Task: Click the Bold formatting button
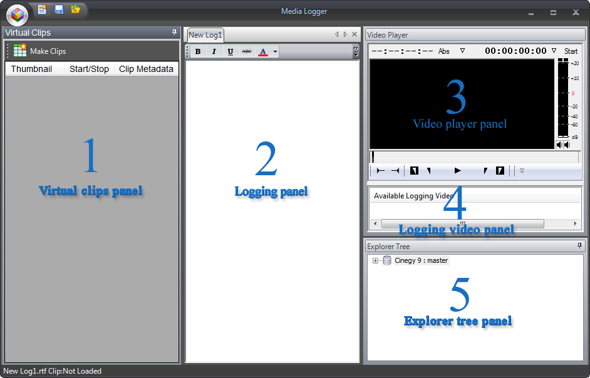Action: point(198,51)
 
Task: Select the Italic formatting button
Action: point(214,51)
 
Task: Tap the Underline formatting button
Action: point(230,51)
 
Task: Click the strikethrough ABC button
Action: point(247,51)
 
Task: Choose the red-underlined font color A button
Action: point(263,51)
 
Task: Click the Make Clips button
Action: point(39,51)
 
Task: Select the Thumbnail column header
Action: point(31,69)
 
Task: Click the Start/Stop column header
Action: point(89,69)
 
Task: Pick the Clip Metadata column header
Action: point(146,69)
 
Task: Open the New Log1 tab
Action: point(205,35)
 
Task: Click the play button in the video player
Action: point(458,171)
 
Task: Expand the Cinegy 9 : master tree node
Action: point(375,260)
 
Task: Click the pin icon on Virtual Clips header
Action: point(174,33)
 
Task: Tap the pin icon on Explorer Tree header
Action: point(579,246)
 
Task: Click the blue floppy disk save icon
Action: point(59,9)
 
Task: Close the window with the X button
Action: point(576,13)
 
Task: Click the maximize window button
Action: point(553,13)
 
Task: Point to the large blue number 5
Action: point(460,295)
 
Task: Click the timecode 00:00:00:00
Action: point(515,51)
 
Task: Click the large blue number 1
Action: point(90,155)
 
